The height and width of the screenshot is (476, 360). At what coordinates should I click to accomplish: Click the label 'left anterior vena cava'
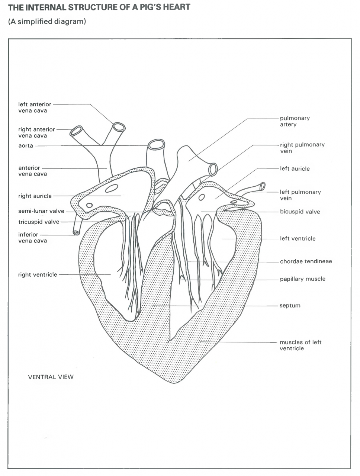(35, 107)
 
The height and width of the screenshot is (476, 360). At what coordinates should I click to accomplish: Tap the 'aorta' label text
(26, 145)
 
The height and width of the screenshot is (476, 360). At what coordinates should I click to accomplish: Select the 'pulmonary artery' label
(295, 121)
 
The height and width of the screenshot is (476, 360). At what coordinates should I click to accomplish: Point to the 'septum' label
(290, 305)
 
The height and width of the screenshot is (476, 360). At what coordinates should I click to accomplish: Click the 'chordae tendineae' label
(306, 261)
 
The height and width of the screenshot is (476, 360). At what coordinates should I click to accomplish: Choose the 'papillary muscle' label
(302, 279)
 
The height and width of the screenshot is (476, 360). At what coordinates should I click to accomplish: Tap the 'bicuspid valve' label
(300, 212)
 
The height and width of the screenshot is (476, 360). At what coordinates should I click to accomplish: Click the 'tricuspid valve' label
(39, 222)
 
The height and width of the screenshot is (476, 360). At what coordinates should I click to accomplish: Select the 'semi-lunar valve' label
(41, 211)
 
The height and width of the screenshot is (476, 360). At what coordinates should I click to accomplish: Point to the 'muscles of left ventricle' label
(300, 345)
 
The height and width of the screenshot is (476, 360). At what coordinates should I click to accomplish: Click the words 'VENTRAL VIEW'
(51, 377)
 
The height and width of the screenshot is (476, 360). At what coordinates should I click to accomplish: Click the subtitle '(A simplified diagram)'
(47, 22)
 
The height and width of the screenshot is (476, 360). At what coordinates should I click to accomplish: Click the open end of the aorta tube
(156, 144)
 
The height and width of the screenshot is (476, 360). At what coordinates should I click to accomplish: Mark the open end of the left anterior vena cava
(119, 127)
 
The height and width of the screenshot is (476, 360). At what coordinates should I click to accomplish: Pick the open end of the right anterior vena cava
(76, 131)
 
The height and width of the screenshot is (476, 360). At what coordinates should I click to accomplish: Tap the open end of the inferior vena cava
(76, 233)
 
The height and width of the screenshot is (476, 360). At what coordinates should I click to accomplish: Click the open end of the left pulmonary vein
(263, 186)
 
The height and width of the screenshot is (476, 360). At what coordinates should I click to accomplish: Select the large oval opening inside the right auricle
(112, 188)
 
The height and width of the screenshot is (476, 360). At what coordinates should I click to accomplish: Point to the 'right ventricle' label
(38, 274)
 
